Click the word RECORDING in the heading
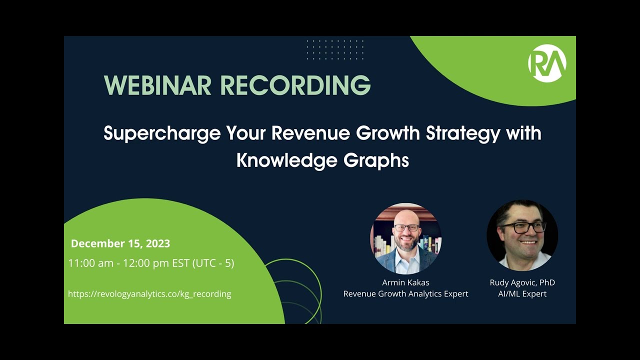(295, 85)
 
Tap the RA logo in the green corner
(547, 63)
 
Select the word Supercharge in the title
(162, 134)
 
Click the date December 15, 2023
(120, 243)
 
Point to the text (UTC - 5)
(213, 263)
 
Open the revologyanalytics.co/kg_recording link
(149, 294)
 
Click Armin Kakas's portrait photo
(405, 238)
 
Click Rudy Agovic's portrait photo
(522, 235)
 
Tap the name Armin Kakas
(405, 282)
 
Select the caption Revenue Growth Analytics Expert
(405, 294)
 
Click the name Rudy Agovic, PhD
(522, 282)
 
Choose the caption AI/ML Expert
(522, 294)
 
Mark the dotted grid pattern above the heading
(335, 50)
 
